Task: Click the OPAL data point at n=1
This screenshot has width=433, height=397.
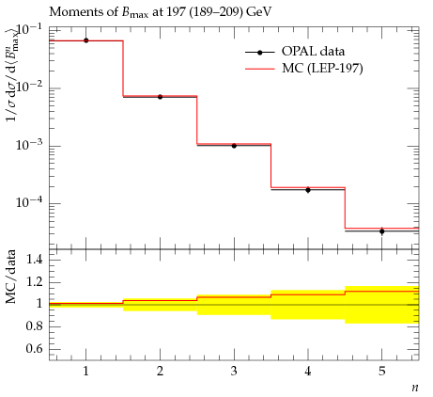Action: pyautogui.click(x=86, y=40)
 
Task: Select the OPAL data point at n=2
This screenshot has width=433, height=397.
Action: pyautogui.click(x=160, y=97)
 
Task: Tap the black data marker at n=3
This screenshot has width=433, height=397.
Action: pyautogui.click(x=234, y=146)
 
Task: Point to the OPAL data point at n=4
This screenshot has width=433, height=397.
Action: pyautogui.click(x=308, y=190)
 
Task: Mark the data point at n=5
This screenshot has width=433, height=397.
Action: pyautogui.click(x=382, y=231)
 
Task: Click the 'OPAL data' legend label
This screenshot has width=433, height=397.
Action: pyautogui.click(x=313, y=52)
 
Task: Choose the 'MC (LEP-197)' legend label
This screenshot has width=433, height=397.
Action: pyautogui.click(x=322, y=69)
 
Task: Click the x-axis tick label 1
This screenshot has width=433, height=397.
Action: pyautogui.click(x=85, y=372)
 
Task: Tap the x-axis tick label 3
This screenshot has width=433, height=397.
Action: pyautogui.click(x=234, y=372)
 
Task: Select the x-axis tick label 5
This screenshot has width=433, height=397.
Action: pyautogui.click(x=382, y=372)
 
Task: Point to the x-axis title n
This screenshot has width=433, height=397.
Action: pyautogui.click(x=415, y=388)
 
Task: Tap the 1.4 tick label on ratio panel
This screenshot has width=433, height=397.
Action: pyautogui.click(x=35, y=259)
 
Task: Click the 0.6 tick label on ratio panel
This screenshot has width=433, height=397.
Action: pyautogui.click(x=35, y=348)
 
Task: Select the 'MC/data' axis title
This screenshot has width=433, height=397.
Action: pyautogui.click(x=11, y=277)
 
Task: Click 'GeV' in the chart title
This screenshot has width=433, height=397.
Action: pyautogui.click(x=258, y=12)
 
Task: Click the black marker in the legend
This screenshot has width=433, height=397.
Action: pyautogui.click(x=259, y=53)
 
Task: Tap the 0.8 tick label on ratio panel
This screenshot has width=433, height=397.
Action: pyautogui.click(x=35, y=326)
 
